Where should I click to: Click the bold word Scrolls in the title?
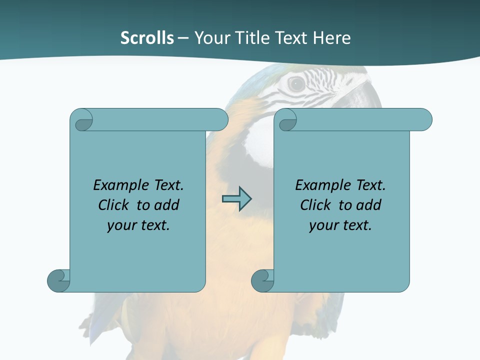147,38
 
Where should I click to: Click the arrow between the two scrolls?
236,199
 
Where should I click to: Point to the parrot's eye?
297,84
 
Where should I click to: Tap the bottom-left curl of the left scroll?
58,280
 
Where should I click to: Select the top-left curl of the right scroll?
287,120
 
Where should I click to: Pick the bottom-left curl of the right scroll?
262,280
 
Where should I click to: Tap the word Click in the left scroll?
114,205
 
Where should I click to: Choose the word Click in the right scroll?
315,205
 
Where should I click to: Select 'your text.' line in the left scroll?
138,225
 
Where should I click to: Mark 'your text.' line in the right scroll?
340,225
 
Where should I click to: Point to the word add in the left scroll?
167,205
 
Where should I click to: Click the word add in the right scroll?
369,205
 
